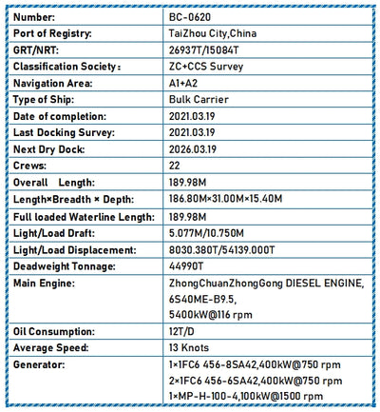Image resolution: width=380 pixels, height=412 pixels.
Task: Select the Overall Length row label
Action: click(57, 184)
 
